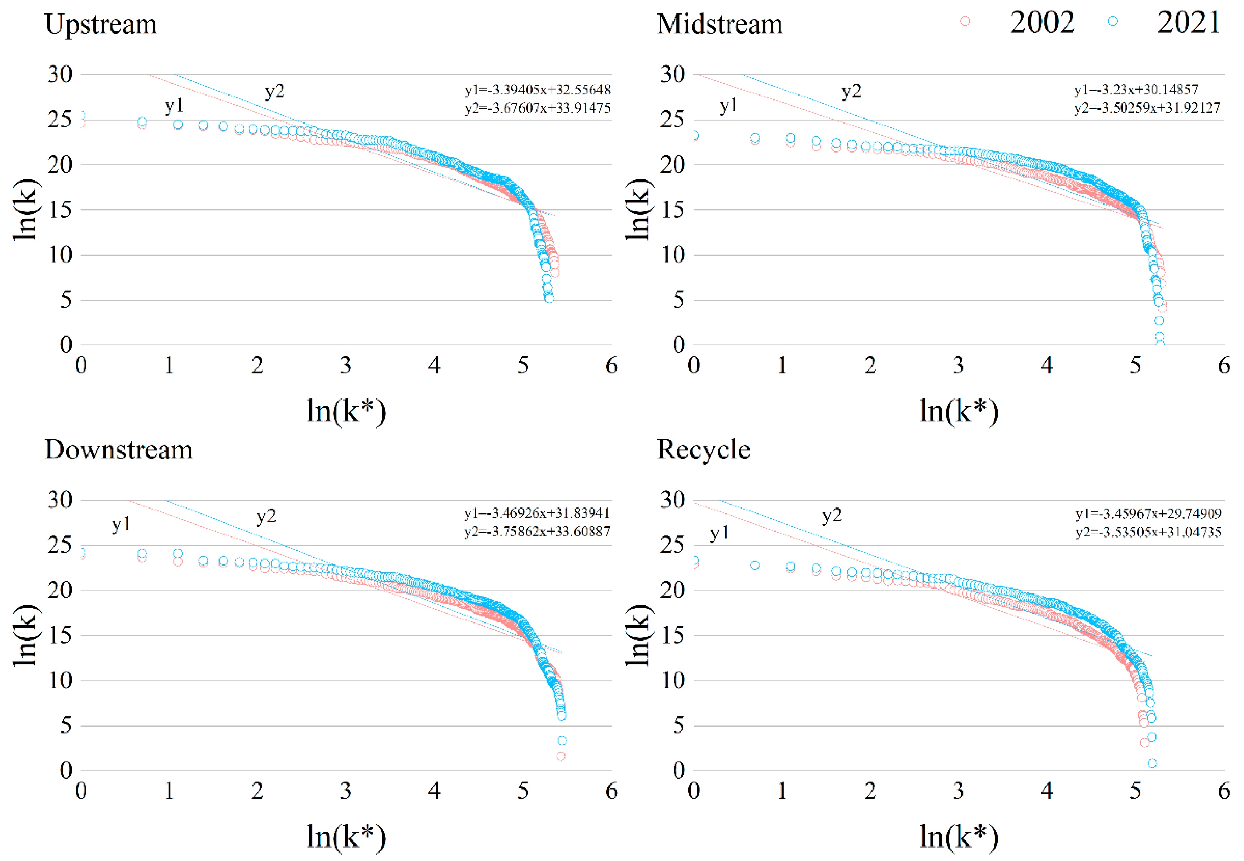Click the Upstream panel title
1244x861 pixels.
pos(100,24)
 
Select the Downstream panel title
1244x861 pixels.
pos(118,450)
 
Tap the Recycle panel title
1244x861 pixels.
pos(703,450)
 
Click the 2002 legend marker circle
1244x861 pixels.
pos(965,22)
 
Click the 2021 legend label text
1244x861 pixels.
pos(1188,23)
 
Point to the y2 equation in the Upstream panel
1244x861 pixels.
pos(537,108)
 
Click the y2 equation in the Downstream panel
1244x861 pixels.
pos(537,532)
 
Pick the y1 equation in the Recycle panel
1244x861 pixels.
pos(1148,513)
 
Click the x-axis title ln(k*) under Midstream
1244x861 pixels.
pos(959,412)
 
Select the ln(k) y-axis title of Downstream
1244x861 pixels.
pos(26,635)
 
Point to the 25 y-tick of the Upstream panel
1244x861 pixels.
pos(60,120)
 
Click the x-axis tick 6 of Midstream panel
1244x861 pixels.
pos(1223,366)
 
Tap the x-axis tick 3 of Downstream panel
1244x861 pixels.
pos(346,791)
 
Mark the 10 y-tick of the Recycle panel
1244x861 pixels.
pos(673,680)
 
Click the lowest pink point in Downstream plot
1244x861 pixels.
pos(561,756)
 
